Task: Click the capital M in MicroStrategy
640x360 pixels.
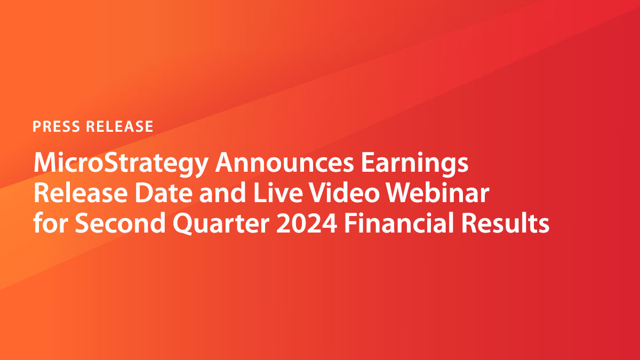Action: click(x=45, y=163)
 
